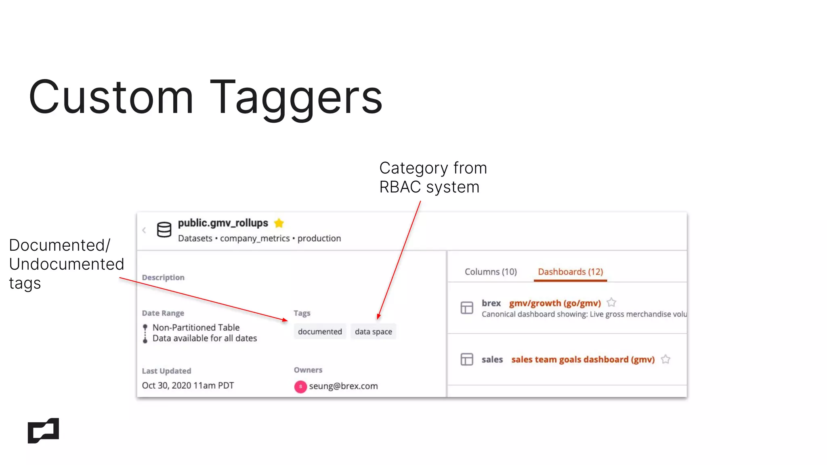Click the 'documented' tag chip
pos(320,331)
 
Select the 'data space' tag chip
pos(373,331)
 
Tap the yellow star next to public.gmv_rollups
pos(279,223)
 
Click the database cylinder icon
pos(164,230)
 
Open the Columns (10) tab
pos(491,272)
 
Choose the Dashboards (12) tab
pos(570,272)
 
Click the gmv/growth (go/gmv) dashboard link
pos(555,303)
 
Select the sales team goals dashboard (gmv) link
pos(583,359)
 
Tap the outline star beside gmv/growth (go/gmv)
pos(611,302)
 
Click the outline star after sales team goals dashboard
pos(665,359)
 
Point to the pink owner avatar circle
pos(300,386)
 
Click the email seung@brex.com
pos(343,386)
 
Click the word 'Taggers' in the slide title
pos(296,98)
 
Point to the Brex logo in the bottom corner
pos(43,430)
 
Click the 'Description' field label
pos(163,277)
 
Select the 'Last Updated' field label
pos(166,371)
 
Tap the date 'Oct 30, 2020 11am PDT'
pos(188,385)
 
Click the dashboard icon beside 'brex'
pos(467,308)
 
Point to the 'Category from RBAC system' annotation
pos(433,177)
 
